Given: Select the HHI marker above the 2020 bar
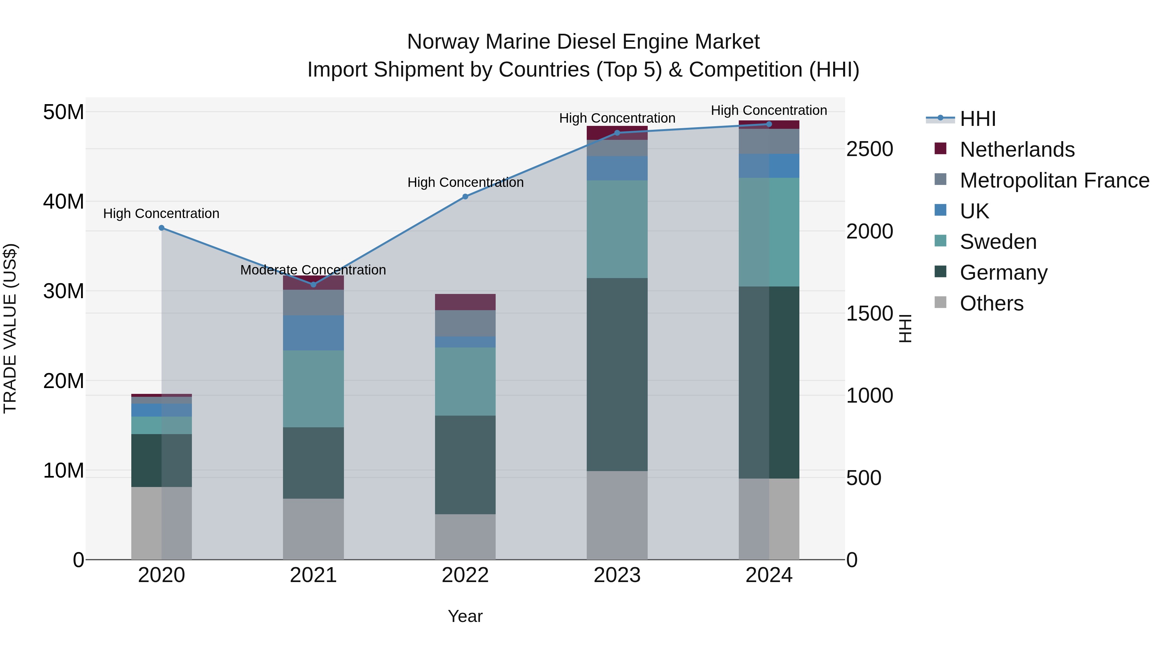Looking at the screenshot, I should [161, 228].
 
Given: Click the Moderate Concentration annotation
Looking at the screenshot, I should [313, 270].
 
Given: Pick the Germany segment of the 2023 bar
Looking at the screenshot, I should [617, 374].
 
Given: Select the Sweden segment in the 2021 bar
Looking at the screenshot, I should [313, 389].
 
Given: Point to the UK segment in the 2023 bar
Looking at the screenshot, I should [617, 168].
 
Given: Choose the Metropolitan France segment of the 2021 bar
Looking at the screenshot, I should [313, 302].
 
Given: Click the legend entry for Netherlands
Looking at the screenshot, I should [1017, 150].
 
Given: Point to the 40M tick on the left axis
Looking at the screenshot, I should [64, 201].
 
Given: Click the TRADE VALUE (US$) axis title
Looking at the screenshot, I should [10, 328].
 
